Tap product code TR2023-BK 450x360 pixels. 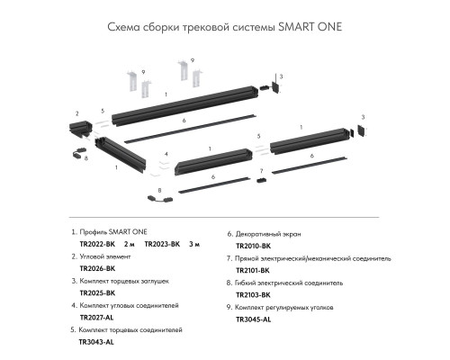(162, 244)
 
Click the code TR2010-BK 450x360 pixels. (254, 244)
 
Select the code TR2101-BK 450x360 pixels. (253, 269)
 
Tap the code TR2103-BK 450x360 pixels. (254, 293)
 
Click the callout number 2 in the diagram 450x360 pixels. (77, 113)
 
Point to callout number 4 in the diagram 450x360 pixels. (166, 154)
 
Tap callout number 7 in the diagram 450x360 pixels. (261, 169)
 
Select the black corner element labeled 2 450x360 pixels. (81, 130)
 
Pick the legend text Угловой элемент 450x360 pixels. (107, 256)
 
